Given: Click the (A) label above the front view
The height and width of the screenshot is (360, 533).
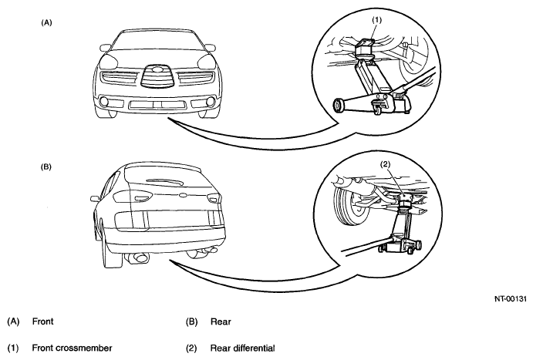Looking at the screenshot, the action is (x=46, y=23).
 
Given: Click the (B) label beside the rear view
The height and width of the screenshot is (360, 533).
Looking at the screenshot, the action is (x=46, y=167).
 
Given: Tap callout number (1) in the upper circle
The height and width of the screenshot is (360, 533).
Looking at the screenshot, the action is (x=376, y=20).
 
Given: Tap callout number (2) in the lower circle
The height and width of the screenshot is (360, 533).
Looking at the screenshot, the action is (x=385, y=164).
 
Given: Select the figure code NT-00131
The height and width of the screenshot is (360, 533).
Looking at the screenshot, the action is (x=510, y=299).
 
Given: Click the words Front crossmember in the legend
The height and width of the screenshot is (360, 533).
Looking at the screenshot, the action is (x=72, y=348).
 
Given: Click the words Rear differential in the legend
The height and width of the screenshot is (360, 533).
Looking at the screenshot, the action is (x=242, y=348).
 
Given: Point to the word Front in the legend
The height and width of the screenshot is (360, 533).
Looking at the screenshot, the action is (x=43, y=321).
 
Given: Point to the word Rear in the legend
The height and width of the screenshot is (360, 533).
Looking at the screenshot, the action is (x=221, y=321).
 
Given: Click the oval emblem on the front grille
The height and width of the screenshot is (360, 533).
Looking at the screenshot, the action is (x=157, y=69).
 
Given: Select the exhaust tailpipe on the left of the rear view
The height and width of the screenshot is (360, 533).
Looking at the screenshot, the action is (x=140, y=258).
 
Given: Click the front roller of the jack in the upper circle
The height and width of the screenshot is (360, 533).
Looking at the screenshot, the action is (x=339, y=106).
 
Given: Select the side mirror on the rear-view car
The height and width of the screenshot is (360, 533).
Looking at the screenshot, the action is (x=96, y=198).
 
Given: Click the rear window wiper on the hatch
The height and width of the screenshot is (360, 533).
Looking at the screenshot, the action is (x=164, y=182).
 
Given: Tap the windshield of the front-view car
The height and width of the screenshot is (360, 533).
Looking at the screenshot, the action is (x=157, y=40).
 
